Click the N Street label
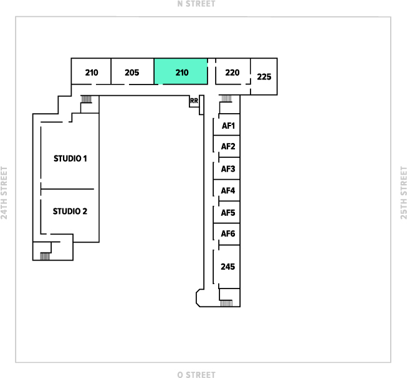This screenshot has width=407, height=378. pos(196,4)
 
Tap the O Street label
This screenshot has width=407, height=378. pos(196,374)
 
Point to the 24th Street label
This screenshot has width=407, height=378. pos(4,193)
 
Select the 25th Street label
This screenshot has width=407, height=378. pos(403,193)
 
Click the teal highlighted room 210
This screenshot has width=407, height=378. pos(181,72)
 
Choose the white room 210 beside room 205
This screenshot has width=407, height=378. pos(92,72)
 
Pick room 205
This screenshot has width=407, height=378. pos(132,72)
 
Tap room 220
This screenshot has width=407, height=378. pos(232,72)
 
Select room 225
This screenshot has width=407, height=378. pos(264,77)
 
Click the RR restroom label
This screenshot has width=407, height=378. pos(194,101)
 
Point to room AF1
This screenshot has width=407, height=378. pos(228,126)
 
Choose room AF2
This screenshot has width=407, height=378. pos(228,147)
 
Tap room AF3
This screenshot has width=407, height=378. pos(228,169)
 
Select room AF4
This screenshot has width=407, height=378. pos(228,191)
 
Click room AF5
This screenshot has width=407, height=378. pos(228,213)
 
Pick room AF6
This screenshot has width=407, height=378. pos(228,234)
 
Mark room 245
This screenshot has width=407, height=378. pos(228,267)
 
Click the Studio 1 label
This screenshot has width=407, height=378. pos(70,159)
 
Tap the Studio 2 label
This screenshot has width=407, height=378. pos(70,211)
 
